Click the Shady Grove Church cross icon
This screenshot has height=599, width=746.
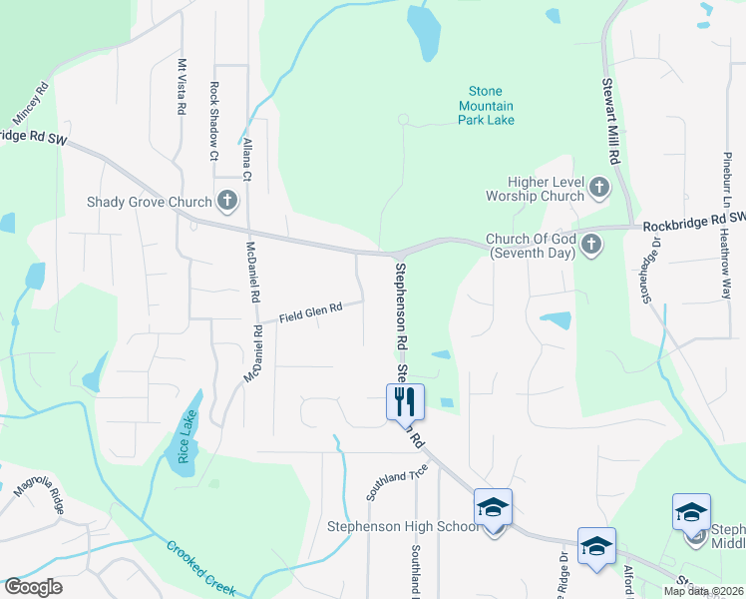pos(227,202)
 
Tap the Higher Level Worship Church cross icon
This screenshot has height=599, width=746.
pos(599,187)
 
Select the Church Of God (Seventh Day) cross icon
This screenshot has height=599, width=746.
pos(591,244)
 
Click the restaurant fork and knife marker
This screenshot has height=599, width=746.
pos(405,401)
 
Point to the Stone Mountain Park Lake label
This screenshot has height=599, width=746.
pos(486,106)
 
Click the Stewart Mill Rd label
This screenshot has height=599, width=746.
pos(610,122)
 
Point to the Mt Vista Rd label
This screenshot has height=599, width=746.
pos(182,88)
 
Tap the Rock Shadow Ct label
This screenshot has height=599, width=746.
pos(213,121)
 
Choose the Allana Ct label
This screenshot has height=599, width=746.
pos(248,160)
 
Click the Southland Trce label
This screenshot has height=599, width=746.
pos(396,481)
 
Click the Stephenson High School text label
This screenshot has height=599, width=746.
pos(403,527)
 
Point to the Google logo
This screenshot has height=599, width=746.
pos(33,587)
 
